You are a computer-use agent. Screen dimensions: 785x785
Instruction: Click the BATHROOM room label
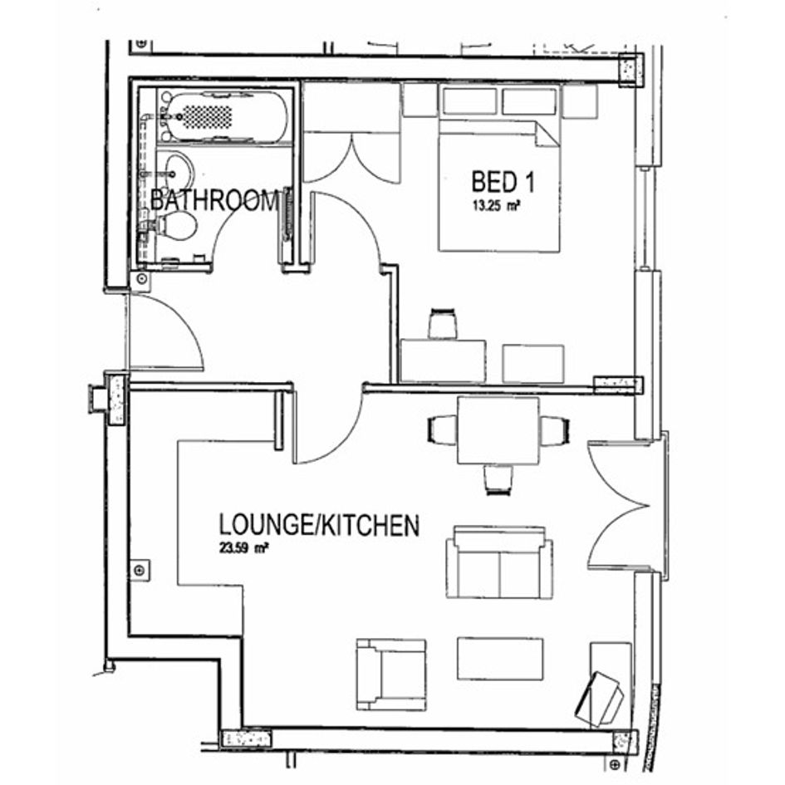213,200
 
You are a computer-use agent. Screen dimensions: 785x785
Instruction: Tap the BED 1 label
503,182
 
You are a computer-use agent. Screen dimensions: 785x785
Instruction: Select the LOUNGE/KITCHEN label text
319,525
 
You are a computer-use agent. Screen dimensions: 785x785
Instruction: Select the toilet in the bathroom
170,225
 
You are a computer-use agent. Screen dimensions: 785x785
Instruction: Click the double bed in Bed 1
498,185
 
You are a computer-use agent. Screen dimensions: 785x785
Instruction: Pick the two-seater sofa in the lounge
499,562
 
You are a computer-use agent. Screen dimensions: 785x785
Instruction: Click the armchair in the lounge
391,675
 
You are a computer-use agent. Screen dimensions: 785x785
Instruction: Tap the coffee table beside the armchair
500,659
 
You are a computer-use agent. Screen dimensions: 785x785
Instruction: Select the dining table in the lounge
498,430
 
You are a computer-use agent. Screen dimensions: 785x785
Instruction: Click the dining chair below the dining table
498,479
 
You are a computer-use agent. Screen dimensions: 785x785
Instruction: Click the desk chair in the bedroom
443,324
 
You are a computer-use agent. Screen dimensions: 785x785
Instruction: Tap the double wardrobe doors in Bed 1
352,157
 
